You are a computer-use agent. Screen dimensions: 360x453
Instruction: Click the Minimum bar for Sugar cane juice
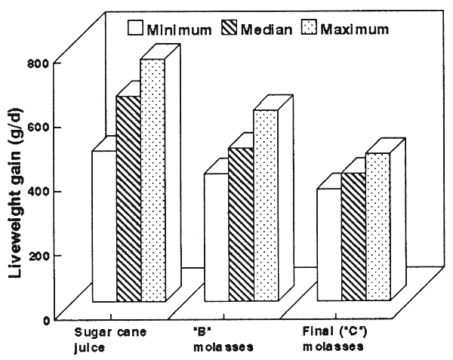(104, 226)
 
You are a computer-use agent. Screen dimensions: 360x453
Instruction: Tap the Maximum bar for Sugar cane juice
(153, 181)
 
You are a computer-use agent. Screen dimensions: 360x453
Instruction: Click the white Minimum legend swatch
(136, 30)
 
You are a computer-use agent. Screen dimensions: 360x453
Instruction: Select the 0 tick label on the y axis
(47, 319)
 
